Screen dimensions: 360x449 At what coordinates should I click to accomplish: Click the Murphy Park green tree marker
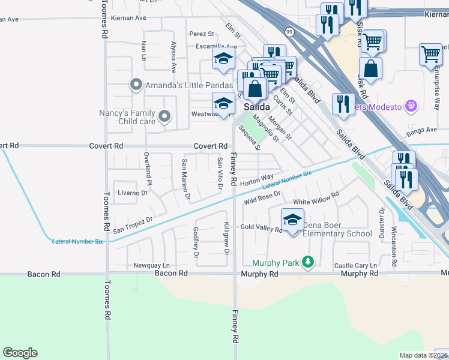tap(308, 262)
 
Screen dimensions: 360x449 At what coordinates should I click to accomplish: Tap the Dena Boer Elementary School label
tap(337, 230)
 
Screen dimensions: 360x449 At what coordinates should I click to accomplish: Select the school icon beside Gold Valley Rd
tap(292, 221)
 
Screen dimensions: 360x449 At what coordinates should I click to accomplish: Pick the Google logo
tap(20, 353)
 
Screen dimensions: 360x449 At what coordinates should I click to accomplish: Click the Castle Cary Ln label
tap(355, 265)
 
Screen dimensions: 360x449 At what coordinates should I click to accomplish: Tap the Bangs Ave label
tap(421, 130)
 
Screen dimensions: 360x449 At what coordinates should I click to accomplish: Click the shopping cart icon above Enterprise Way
tap(430, 55)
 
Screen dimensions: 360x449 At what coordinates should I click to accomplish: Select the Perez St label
tap(201, 34)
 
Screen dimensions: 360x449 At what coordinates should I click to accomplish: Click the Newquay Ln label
tap(151, 265)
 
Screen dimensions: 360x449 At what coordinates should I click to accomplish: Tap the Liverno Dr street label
tap(132, 193)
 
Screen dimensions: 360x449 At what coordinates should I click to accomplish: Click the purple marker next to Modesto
tap(411, 106)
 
